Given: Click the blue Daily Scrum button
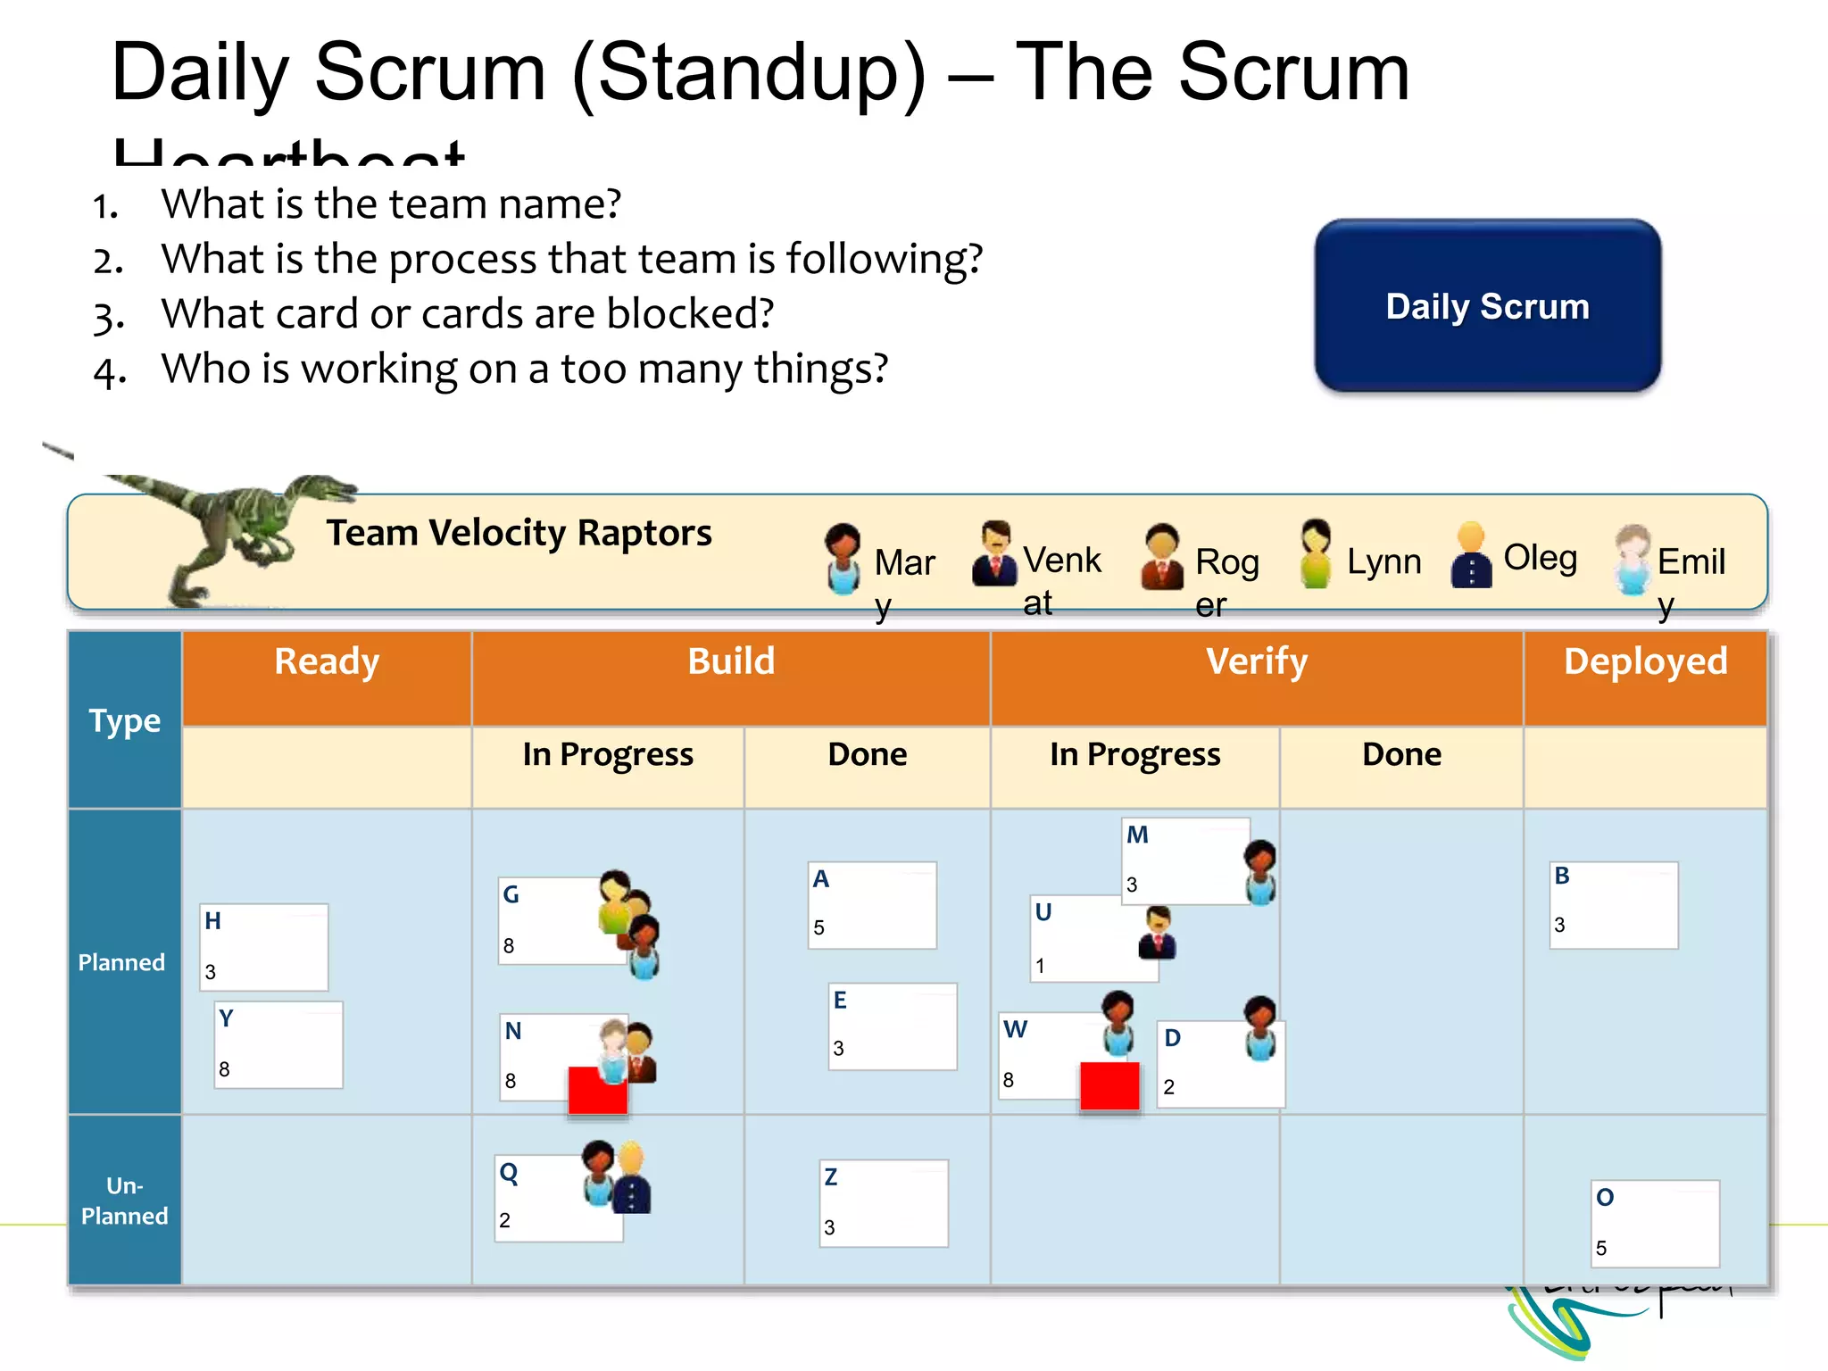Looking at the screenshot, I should [x=1487, y=305].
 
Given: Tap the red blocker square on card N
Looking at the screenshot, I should [x=596, y=1091].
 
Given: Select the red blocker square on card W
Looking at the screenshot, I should [x=1109, y=1085].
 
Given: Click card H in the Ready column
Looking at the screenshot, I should [x=263, y=947].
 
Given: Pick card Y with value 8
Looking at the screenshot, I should [x=278, y=1044].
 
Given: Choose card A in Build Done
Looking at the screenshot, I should [x=872, y=904].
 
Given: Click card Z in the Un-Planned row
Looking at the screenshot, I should [x=884, y=1202].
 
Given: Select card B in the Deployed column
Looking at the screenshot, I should [x=1613, y=904].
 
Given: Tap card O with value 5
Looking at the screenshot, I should [x=1656, y=1223].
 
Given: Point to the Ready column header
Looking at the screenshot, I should [x=327, y=662].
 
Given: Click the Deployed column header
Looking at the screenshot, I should [x=1645, y=662].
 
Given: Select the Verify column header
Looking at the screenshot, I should [x=1256, y=662].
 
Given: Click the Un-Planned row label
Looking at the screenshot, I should [x=124, y=1201].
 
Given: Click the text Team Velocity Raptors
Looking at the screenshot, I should [x=519, y=533].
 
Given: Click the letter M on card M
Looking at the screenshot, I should [x=1137, y=835].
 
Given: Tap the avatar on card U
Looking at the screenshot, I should [x=1158, y=933].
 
